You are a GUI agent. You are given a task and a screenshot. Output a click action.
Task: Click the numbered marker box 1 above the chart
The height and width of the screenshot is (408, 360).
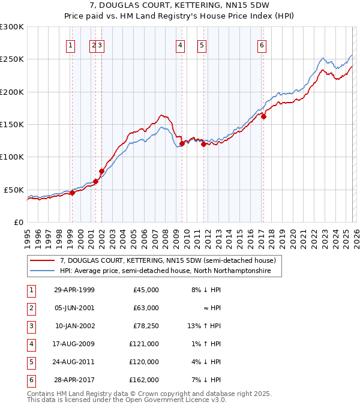[71, 44]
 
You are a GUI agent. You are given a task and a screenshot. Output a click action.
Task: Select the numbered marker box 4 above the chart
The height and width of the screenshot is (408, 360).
[180, 44]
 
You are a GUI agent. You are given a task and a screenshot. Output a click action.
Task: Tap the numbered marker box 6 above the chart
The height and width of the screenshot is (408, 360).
[262, 44]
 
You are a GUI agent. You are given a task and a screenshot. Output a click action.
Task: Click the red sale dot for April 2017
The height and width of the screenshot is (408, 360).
[263, 117]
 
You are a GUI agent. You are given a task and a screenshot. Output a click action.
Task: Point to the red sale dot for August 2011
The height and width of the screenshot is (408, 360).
[203, 144]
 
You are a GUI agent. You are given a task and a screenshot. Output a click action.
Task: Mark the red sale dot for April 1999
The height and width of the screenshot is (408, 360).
[72, 193]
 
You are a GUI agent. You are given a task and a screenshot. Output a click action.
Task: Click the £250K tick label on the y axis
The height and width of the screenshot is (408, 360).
[12, 59]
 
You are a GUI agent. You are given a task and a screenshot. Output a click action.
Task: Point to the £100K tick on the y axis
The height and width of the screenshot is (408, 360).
[12, 157]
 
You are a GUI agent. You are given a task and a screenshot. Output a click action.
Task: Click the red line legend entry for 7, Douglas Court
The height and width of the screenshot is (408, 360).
[167, 260]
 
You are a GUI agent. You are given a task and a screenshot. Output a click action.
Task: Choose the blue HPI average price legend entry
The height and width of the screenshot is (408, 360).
[165, 271]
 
